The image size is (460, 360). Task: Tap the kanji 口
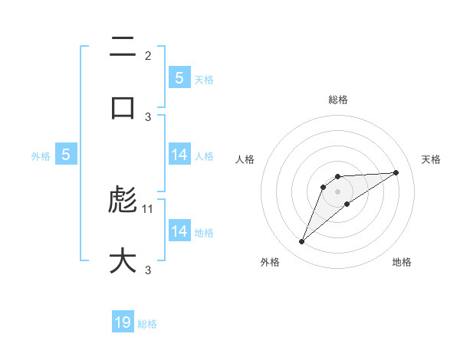click(123, 106)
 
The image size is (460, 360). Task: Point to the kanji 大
click(123, 260)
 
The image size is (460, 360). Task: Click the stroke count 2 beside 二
click(148, 56)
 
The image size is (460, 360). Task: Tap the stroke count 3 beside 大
click(148, 270)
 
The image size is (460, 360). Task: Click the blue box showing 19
click(123, 322)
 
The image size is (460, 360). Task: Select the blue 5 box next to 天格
click(179, 78)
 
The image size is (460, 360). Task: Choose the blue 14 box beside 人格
click(179, 155)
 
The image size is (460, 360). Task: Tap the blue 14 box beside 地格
click(179, 231)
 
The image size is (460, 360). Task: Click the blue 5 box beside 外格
click(66, 155)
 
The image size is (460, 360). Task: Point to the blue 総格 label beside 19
click(147, 324)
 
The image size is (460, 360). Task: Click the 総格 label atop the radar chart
click(338, 100)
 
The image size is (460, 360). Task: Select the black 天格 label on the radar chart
click(432, 159)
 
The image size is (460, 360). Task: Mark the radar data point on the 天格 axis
click(396, 172)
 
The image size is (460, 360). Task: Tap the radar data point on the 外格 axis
click(301, 242)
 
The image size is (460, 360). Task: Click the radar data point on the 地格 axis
click(347, 204)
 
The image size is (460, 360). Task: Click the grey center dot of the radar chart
click(338, 191)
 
